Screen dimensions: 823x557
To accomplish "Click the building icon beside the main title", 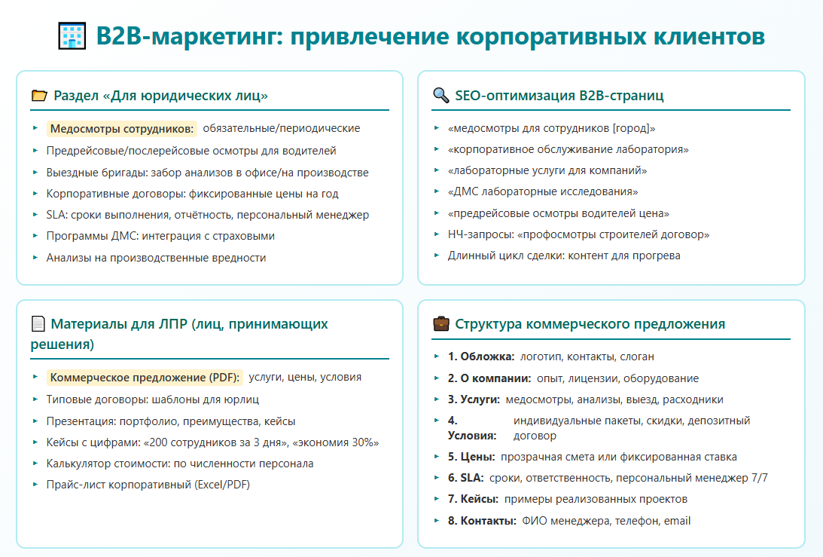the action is [72, 36].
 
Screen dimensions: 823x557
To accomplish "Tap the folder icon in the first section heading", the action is [39, 96].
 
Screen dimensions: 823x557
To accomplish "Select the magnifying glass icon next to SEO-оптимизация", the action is [441, 95].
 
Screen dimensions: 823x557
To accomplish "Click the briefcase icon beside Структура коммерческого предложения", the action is [441, 323].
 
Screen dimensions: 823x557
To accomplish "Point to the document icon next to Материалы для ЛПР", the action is [38, 323].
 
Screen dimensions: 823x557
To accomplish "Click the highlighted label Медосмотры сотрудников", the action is [122, 129].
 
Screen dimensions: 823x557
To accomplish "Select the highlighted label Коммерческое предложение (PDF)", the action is [145, 378].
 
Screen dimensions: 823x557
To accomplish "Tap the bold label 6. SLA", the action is [465, 478].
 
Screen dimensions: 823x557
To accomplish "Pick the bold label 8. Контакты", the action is [482, 521].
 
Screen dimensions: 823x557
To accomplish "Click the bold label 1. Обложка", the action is [481, 357].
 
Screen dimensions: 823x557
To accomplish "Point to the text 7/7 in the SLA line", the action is [760, 478].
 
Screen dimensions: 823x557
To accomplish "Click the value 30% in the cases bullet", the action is [365, 442].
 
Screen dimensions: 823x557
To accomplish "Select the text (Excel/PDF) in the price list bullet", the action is [222, 485].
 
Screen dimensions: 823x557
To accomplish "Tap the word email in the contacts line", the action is [677, 521].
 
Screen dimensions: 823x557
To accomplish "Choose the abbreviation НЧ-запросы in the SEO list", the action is [481, 234].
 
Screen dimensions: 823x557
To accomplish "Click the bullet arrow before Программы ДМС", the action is [35, 235].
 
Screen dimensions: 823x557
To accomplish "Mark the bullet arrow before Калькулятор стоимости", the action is [35, 463].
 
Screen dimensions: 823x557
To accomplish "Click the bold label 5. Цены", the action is [471, 457].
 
